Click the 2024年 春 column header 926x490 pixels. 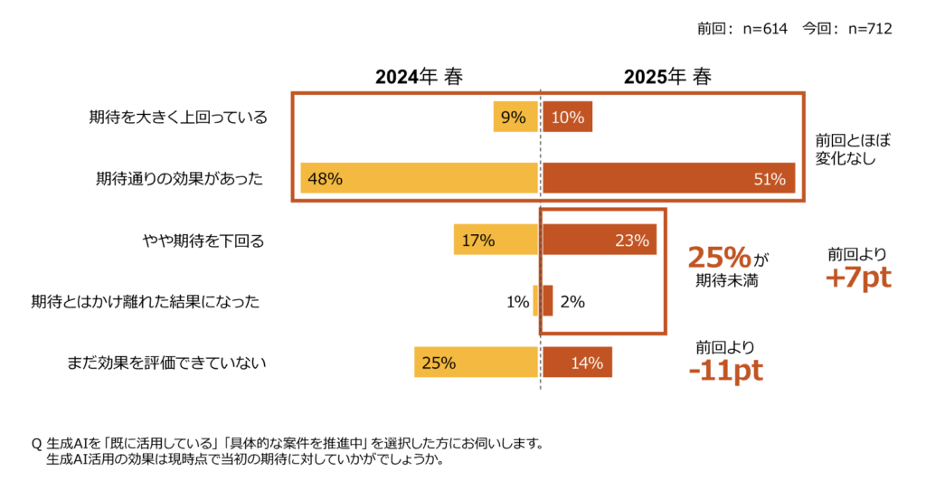coord(420,78)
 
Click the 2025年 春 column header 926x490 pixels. coord(667,78)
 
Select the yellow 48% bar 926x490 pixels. coord(420,179)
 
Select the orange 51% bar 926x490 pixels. coord(668,179)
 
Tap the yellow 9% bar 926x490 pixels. coord(515,118)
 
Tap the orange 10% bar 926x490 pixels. coord(567,118)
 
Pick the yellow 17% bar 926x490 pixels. coord(496,240)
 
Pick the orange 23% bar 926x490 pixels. coord(599,240)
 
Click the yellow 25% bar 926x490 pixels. coord(477,363)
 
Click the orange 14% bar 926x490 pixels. coord(577,363)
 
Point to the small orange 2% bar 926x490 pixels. coord(547,301)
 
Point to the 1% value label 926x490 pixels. coord(517,302)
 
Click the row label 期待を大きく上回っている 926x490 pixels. coord(178,118)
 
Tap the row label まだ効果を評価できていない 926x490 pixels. coord(166,363)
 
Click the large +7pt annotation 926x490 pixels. coord(857,278)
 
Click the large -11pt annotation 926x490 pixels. coord(725,371)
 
